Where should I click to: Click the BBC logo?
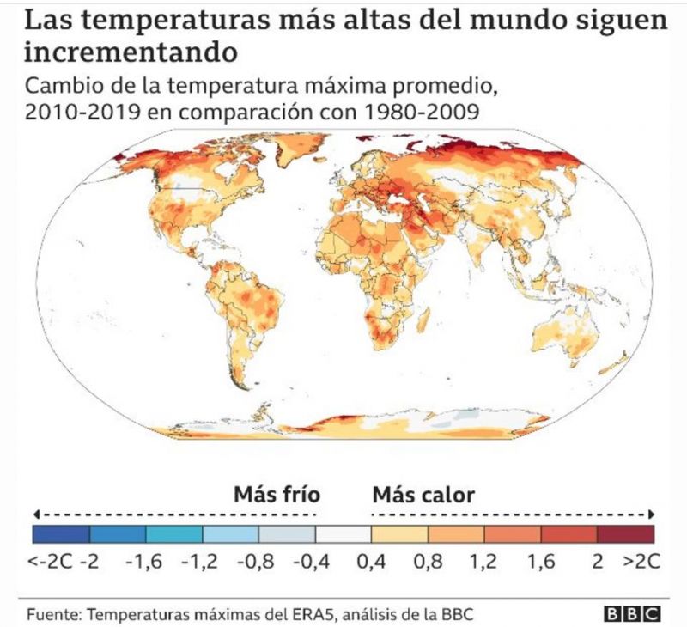[x=631, y=614]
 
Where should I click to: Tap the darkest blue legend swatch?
[x=61, y=534]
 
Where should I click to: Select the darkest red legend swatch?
[x=625, y=534]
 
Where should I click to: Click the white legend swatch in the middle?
[x=343, y=534]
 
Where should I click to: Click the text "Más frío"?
[x=277, y=495]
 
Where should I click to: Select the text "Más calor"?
[x=423, y=495]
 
